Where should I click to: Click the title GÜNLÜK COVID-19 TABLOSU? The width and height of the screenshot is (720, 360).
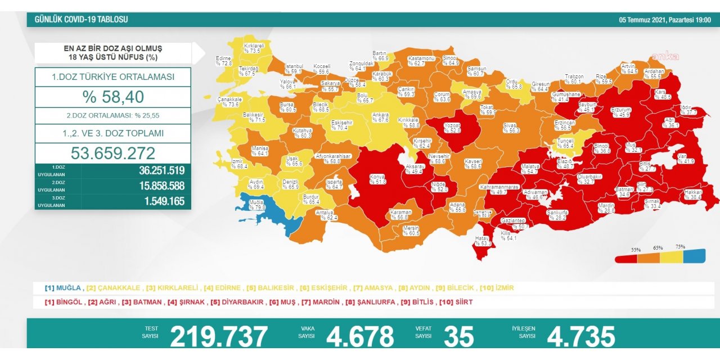82,20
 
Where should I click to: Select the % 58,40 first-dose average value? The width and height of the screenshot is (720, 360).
113,97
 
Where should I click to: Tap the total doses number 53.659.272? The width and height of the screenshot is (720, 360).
113,153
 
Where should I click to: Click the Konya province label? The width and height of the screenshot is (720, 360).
377,179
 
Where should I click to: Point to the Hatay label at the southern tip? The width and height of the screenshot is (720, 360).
483,241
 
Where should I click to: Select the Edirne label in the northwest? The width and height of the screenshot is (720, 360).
224,61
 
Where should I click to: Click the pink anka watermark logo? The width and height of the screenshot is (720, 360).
665,56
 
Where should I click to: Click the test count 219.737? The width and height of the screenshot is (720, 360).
219,336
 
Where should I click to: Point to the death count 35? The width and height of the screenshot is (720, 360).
458,336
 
